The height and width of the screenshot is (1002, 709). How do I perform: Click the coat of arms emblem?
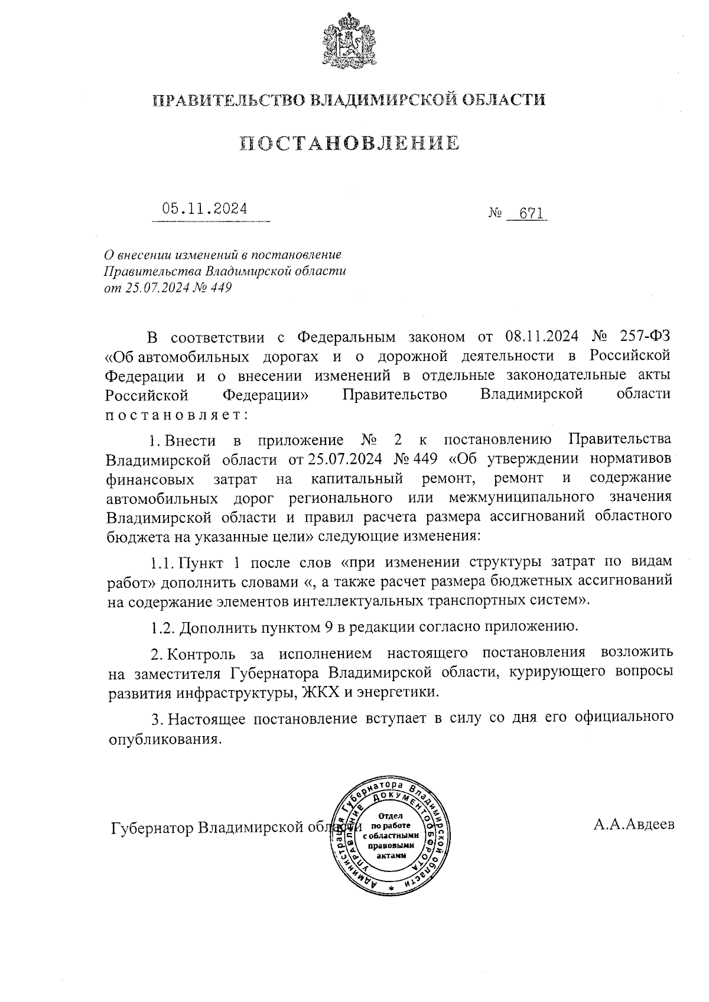349,41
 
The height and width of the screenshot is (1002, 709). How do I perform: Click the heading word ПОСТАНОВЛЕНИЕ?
349,144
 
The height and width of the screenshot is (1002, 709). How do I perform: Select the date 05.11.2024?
205,209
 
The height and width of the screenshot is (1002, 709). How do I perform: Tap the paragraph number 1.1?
162,561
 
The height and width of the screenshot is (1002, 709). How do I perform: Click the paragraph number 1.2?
162,627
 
